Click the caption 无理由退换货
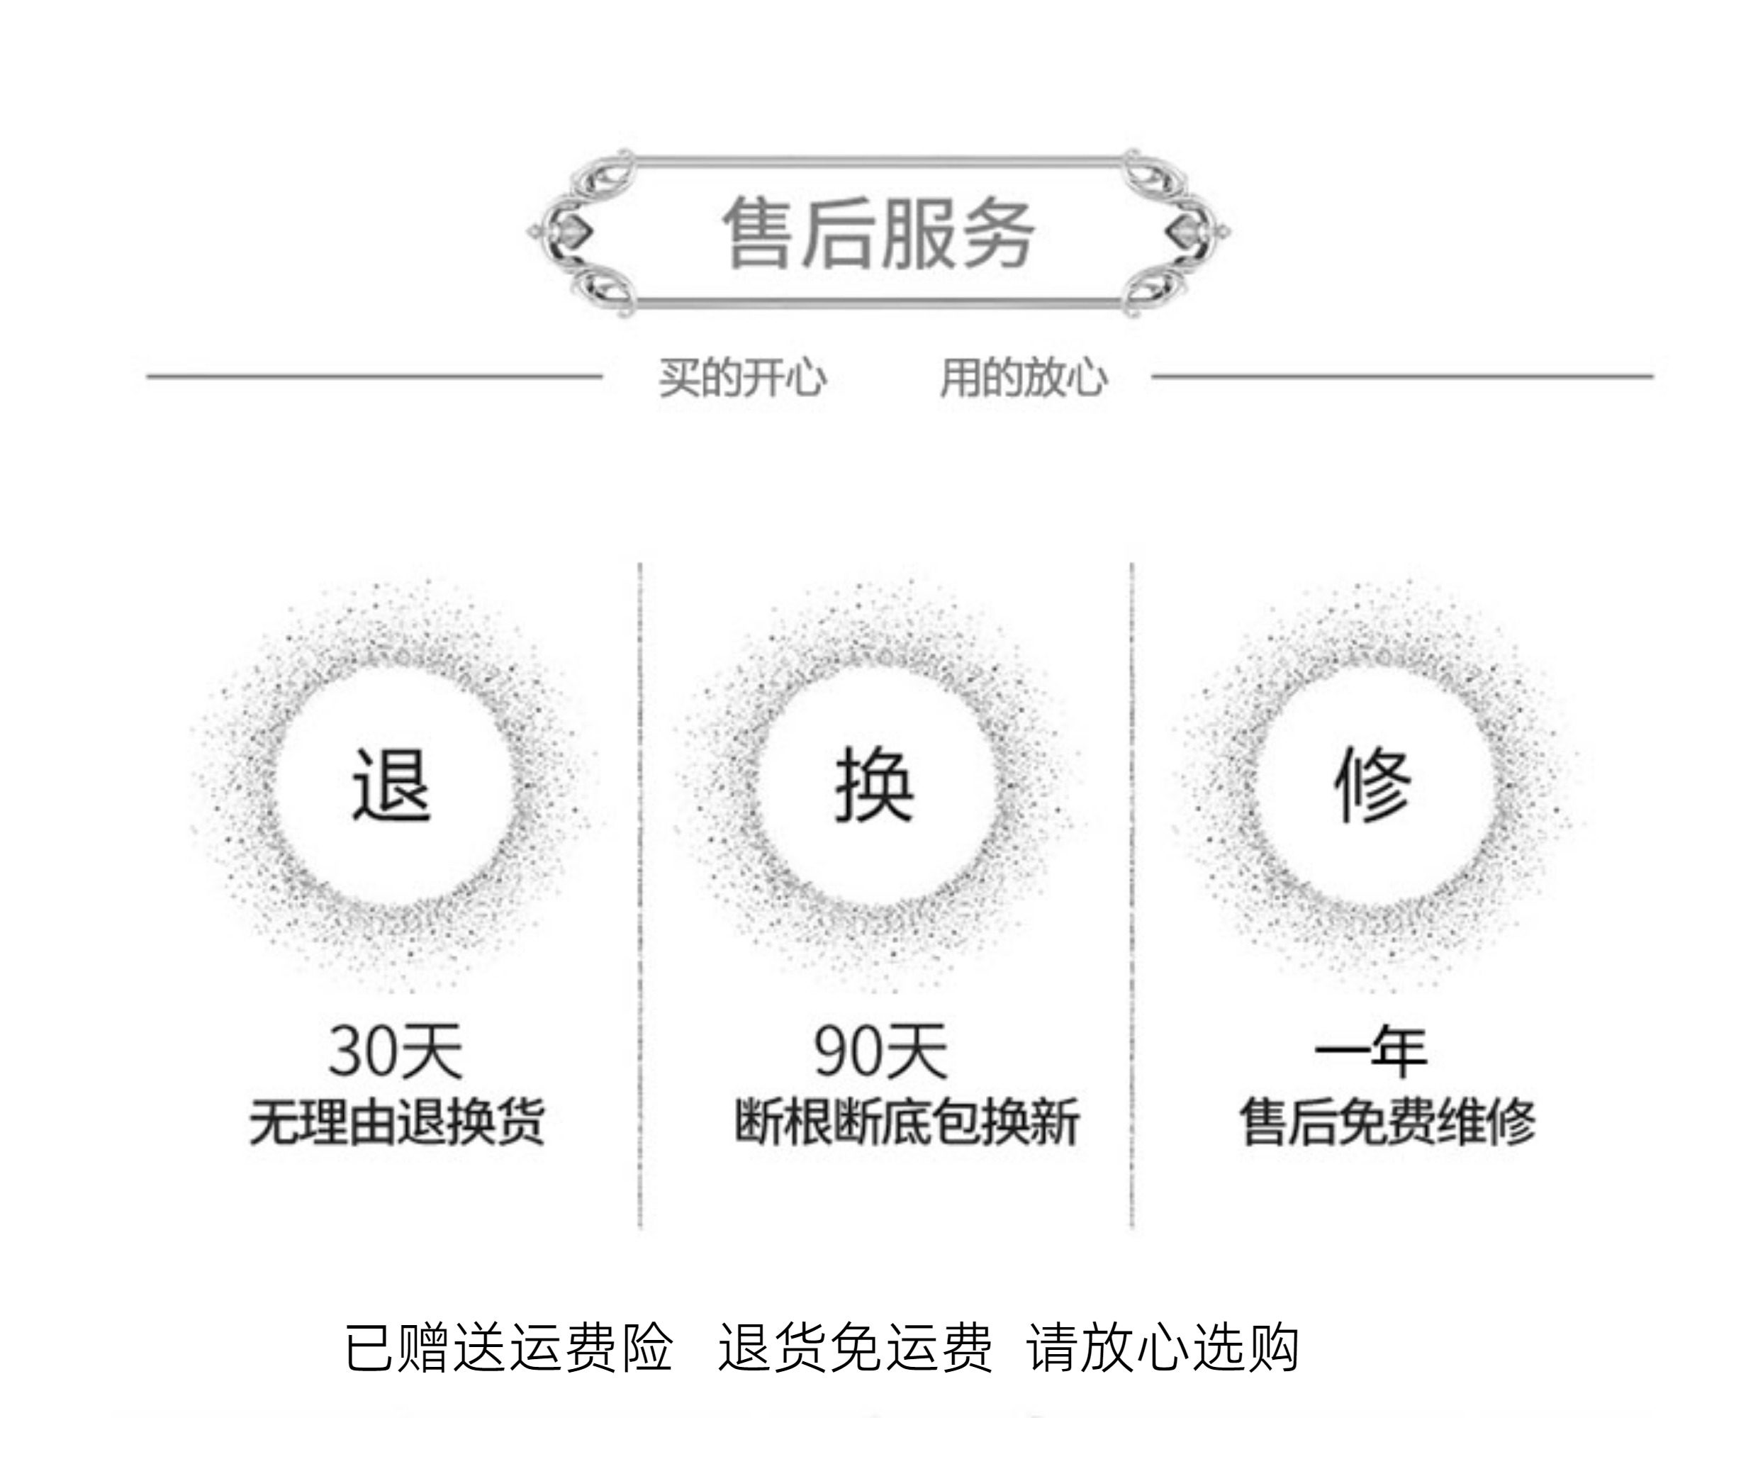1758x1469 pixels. [397, 1122]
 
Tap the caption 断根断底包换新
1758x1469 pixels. [907, 1122]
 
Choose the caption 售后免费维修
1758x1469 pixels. [1387, 1122]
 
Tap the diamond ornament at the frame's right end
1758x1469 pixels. [1184, 231]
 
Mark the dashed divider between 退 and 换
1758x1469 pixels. [640, 895]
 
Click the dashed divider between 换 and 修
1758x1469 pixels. [1132, 895]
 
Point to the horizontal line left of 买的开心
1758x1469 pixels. [374, 376]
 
